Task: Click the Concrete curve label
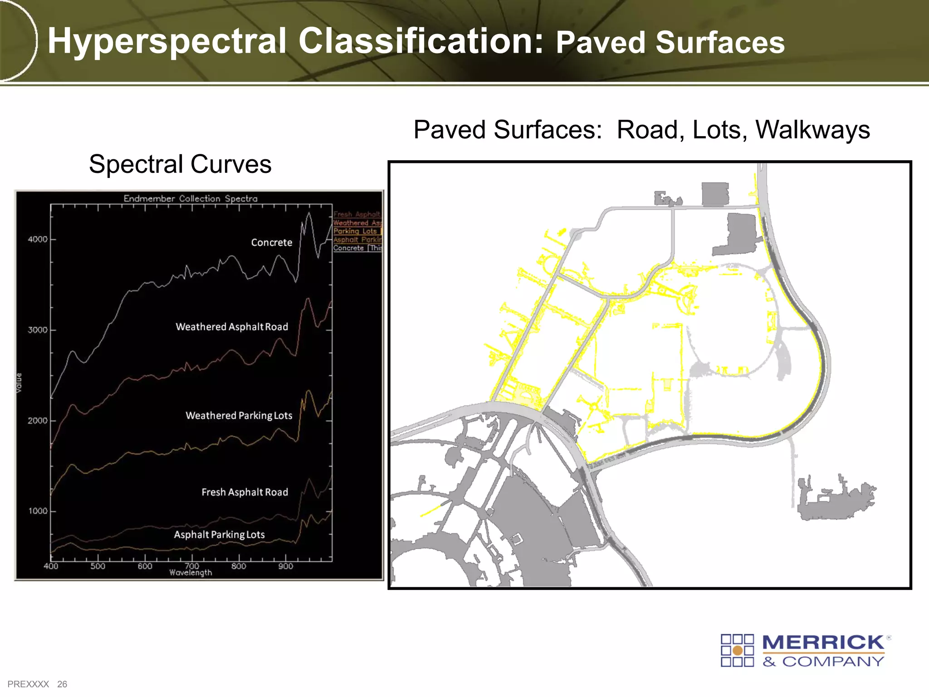(x=271, y=243)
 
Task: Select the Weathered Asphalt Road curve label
(x=231, y=327)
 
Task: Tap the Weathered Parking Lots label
(x=239, y=416)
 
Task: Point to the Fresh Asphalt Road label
(x=244, y=492)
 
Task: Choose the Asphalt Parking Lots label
(x=219, y=535)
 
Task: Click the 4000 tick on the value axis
(x=38, y=240)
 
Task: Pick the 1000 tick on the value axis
(x=38, y=511)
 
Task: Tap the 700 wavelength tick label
(x=192, y=565)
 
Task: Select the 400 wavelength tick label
(x=51, y=566)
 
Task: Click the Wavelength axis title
(x=191, y=573)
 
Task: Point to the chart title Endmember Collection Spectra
(x=191, y=199)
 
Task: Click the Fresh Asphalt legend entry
(x=357, y=214)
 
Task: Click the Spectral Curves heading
(x=180, y=164)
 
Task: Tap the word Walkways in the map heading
(x=812, y=130)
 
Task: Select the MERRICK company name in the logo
(x=823, y=643)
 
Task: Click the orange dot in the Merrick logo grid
(x=738, y=651)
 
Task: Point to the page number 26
(x=62, y=684)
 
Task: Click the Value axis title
(x=19, y=383)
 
